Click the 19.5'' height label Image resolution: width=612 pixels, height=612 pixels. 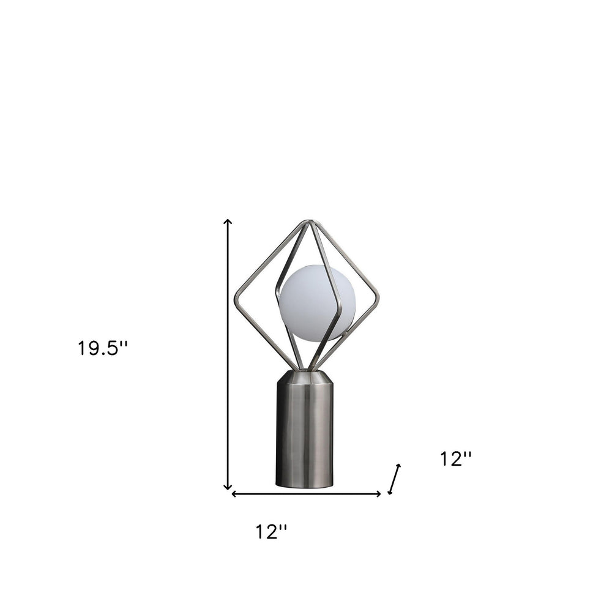pos(102,348)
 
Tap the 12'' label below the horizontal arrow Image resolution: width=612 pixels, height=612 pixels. pos(271,532)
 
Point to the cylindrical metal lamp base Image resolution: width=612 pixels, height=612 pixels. pos(305,435)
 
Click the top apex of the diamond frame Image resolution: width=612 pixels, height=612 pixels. pos(310,222)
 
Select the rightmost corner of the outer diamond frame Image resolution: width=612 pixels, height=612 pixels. pos(378,300)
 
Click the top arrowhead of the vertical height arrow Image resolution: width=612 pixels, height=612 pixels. pos(228,221)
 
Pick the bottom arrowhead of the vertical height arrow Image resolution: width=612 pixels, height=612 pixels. pos(228,488)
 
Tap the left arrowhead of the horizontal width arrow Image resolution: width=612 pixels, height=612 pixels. pos(233,494)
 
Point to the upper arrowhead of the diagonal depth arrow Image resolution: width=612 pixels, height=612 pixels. pos(399,466)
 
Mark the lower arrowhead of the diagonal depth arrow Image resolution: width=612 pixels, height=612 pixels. pos(390,492)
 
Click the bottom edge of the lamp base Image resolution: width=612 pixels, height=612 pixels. pos(304,487)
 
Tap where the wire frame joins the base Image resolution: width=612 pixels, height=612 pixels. pos(305,370)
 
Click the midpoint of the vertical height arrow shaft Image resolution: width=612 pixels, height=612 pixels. pos(228,355)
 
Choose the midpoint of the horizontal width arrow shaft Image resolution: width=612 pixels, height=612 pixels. pos(306,494)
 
